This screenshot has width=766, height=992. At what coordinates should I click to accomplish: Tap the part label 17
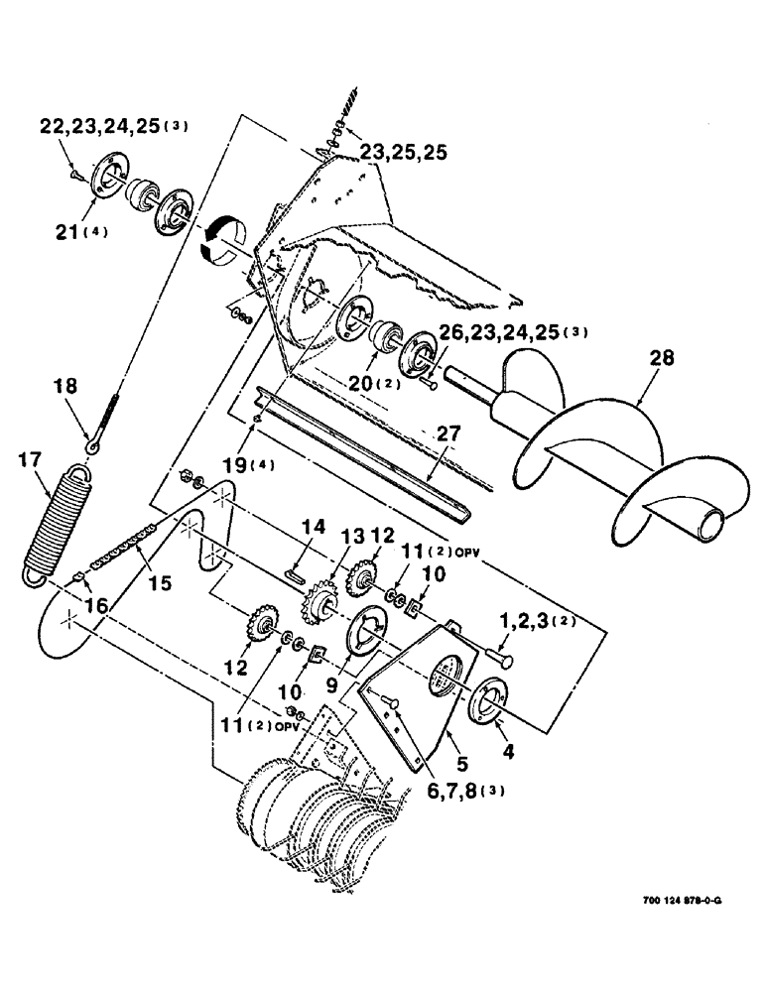coord(32,460)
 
